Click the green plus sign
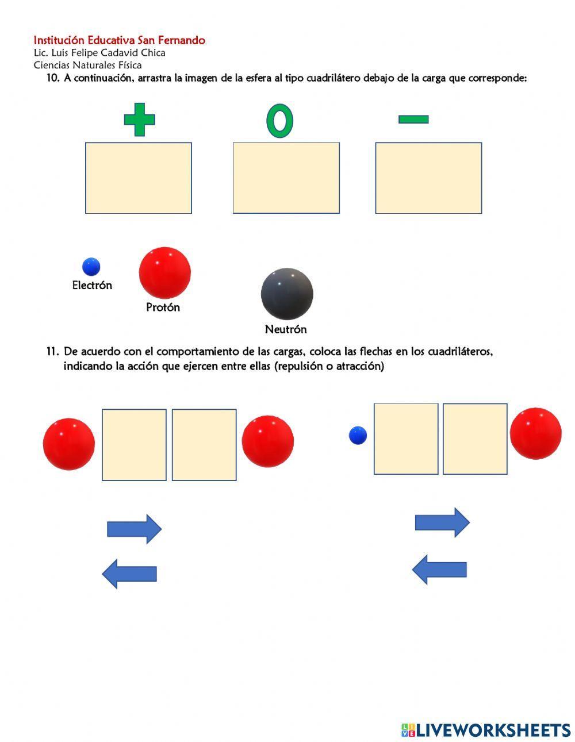140,120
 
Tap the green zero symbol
279,121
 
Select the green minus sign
413,120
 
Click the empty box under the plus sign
139,178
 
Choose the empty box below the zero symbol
286,178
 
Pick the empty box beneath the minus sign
428,178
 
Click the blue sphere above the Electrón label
91,267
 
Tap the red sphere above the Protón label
164,273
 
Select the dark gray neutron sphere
287,294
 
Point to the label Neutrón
286,329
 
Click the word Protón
163,307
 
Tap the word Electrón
92,285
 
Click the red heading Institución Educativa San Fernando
119,40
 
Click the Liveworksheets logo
485,730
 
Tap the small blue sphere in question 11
358,435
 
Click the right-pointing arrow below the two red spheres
135,529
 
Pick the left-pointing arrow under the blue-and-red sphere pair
439,570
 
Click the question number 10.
53,78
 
